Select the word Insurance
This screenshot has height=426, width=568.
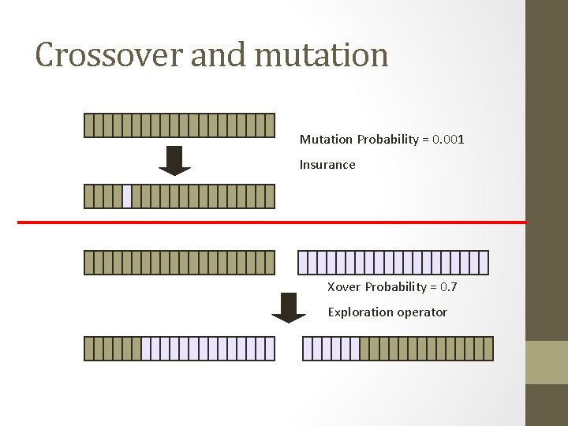pyautogui.click(x=327, y=165)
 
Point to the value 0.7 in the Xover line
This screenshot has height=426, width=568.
pyautogui.click(x=448, y=287)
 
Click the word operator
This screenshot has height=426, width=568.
pyautogui.click(x=422, y=312)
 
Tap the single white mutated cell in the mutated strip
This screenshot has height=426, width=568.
pyautogui.click(x=127, y=196)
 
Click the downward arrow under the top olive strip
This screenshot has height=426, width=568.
pyautogui.click(x=174, y=160)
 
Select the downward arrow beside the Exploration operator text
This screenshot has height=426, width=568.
pyautogui.click(x=288, y=308)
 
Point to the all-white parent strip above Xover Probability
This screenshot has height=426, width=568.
pyautogui.click(x=393, y=262)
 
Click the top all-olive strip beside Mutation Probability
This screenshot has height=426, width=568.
pyautogui.click(x=179, y=125)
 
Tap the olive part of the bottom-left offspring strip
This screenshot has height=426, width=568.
pyautogui.click(x=112, y=349)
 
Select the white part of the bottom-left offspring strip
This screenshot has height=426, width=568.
pyautogui.click(x=208, y=349)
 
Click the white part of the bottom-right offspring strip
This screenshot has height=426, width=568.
pyautogui.click(x=331, y=349)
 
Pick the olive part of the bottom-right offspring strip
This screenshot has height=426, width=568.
pyautogui.click(x=426, y=349)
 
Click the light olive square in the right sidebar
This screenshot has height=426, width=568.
pyautogui.click(x=547, y=362)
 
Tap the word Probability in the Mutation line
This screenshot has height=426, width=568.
pyautogui.click(x=387, y=140)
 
